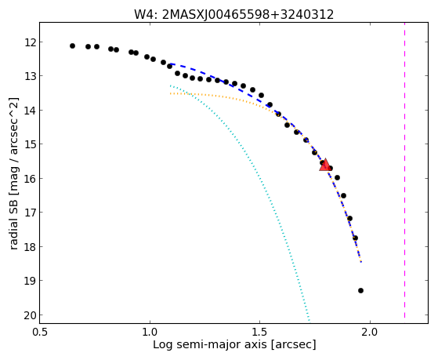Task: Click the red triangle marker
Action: point(325,165)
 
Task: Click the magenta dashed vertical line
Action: point(404,170)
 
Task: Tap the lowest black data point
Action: point(360,291)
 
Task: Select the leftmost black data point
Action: point(72,45)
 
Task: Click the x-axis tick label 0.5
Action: point(40,332)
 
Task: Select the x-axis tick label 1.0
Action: point(150,332)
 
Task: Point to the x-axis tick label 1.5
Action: point(260,332)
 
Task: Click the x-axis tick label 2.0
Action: point(370,332)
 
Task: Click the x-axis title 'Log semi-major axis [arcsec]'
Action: point(234,345)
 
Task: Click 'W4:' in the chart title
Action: point(146,15)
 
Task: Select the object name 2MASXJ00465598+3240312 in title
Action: point(248,15)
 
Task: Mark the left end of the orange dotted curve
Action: point(170,93)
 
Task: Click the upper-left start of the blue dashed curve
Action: point(170,64)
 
